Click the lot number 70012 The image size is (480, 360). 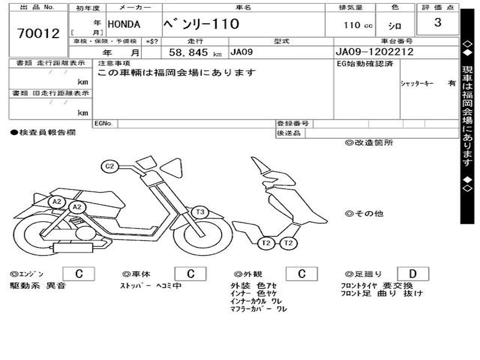tap(38, 33)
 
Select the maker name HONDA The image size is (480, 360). tap(124, 24)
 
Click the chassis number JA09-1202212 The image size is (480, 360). tap(375, 52)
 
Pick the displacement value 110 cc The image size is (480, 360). tap(358, 25)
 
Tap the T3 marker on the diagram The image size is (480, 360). tap(200, 212)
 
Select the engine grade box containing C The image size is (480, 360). tap(78, 274)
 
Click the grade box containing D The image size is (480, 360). tap(413, 274)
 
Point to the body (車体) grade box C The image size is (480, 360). tap(190, 274)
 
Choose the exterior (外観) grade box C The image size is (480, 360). tap(302, 274)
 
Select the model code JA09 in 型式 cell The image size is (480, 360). tap(241, 52)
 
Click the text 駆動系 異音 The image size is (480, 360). tap(38, 285)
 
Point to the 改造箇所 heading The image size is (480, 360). tap(369, 143)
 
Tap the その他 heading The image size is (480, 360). tap(364, 214)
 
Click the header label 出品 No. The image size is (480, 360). tap(38, 7)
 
